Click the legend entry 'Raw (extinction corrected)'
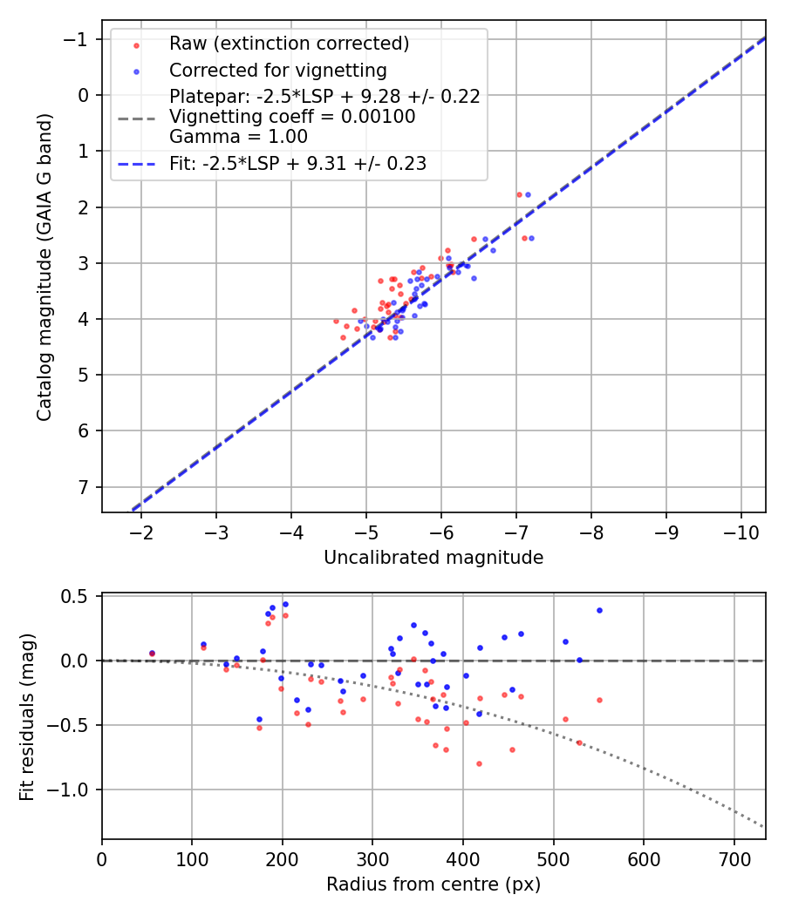tap(289, 44)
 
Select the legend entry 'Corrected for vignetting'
tap(277, 70)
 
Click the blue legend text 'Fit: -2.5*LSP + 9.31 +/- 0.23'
tap(297, 163)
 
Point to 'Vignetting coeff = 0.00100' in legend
tap(292, 117)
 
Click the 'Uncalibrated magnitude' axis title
tap(433, 558)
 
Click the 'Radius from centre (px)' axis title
tap(433, 884)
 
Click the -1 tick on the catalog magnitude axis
tap(80, 39)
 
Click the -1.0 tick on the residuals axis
tap(74, 790)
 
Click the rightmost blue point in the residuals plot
tap(599, 610)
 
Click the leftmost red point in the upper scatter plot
tap(336, 321)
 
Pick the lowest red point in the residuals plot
tap(479, 763)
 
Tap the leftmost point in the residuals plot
tap(152, 653)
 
